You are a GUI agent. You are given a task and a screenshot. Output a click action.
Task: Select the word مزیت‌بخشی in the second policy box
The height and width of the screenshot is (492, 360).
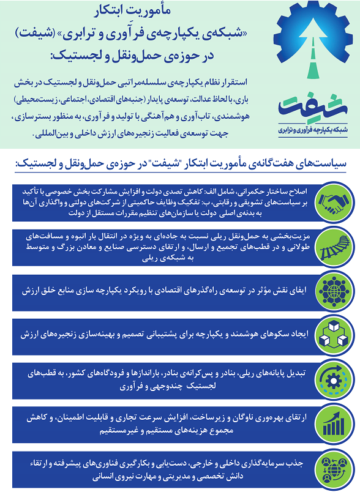tap(292, 236)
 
